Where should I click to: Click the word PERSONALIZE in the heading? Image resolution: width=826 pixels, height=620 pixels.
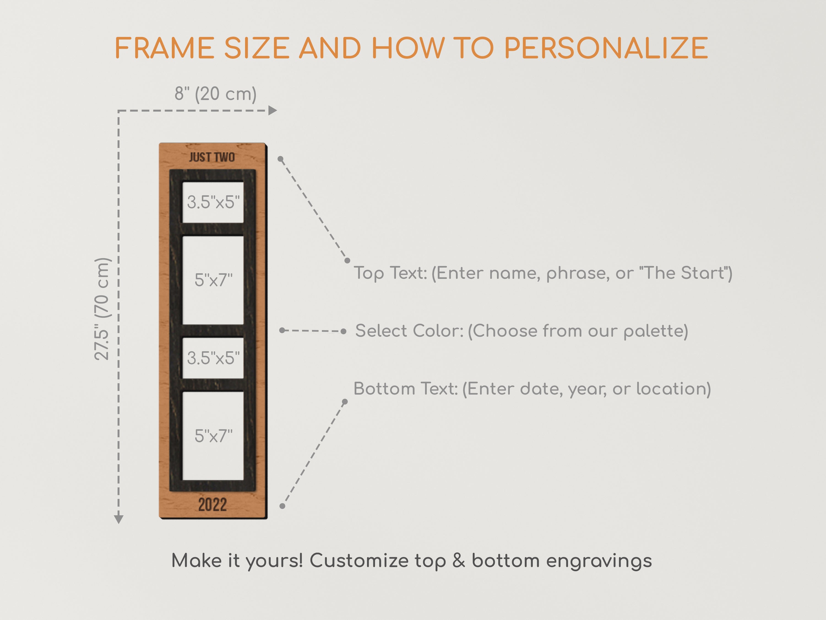pos(606,48)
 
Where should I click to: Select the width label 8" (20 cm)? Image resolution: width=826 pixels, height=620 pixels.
pos(216,93)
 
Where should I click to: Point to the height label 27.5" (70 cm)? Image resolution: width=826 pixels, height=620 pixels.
pos(102,309)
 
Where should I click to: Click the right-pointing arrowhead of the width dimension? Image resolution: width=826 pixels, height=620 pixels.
pos(273,110)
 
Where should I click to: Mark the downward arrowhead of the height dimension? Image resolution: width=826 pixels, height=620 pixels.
pos(119,519)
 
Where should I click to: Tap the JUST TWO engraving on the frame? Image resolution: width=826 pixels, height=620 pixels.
pos(212,157)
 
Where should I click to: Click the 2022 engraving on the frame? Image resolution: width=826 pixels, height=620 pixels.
pos(213,505)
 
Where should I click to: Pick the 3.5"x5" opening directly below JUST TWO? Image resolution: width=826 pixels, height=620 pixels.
pos(213,202)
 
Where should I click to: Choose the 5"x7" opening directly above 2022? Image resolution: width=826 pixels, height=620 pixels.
pos(213,436)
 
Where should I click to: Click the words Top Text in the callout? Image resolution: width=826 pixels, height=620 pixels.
pos(390,273)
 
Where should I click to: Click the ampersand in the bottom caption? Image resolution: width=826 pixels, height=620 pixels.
pos(458,561)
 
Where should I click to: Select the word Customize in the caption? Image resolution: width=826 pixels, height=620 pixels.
pos(359,561)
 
